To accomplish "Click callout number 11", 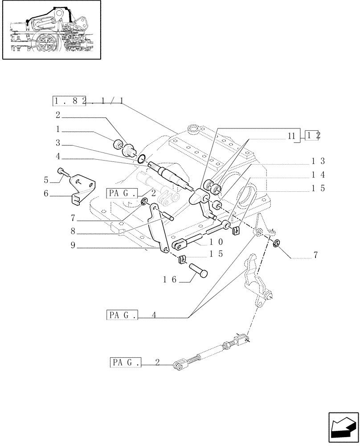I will click(291, 136).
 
